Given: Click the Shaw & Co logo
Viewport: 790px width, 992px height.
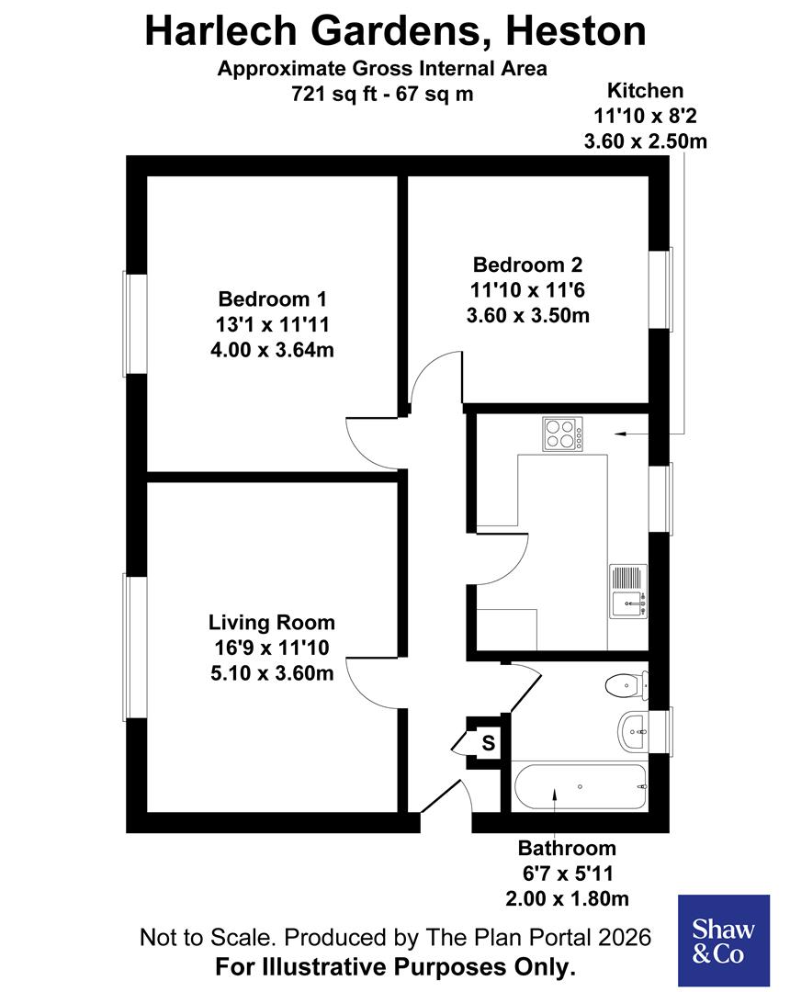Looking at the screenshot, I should (x=723, y=940).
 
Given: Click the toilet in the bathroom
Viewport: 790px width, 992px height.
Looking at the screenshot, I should (x=626, y=684).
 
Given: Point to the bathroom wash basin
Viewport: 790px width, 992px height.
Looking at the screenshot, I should (x=634, y=731).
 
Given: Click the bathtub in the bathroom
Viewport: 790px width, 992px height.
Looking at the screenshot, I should (x=580, y=786).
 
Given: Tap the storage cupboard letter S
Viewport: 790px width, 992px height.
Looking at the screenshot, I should (x=489, y=742).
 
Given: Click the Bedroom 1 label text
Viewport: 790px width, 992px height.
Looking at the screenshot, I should (x=272, y=299).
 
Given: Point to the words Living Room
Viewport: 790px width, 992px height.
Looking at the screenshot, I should (x=271, y=622).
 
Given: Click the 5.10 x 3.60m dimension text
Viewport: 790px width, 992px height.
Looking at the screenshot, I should (x=271, y=673).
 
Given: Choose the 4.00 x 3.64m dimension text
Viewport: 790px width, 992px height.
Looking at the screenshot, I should (x=272, y=350).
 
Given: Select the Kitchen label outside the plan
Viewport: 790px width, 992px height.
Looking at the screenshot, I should (x=645, y=90).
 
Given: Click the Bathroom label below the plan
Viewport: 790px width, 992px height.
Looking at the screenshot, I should (x=567, y=848).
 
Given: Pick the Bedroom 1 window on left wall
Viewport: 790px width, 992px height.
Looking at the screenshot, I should (x=135, y=323).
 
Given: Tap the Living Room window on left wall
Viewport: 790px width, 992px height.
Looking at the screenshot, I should (x=135, y=648).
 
